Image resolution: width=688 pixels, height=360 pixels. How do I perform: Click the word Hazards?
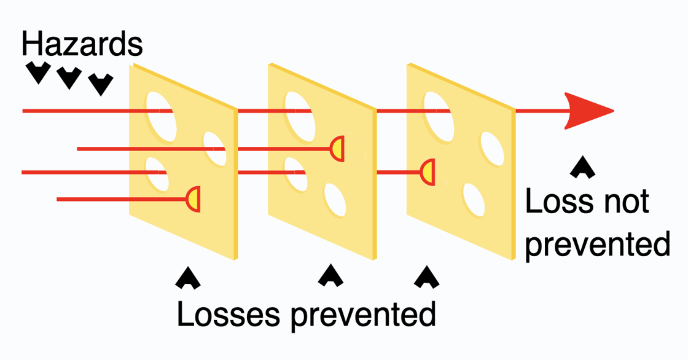[x=82, y=44]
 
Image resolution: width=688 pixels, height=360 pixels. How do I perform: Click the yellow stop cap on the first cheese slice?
[x=193, y=199]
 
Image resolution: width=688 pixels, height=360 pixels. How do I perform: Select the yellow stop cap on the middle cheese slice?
[x=337, y=149]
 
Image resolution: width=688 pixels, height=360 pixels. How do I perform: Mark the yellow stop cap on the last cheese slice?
[x=429, y=172]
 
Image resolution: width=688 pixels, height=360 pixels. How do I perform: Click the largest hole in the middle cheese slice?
[x=298, y=111]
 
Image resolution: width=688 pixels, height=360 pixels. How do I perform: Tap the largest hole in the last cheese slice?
[x=437, y=112]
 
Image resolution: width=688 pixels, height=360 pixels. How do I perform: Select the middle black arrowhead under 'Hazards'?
[x=69, y=77]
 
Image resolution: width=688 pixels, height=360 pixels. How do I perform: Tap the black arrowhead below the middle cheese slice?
[x=330, y=275]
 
